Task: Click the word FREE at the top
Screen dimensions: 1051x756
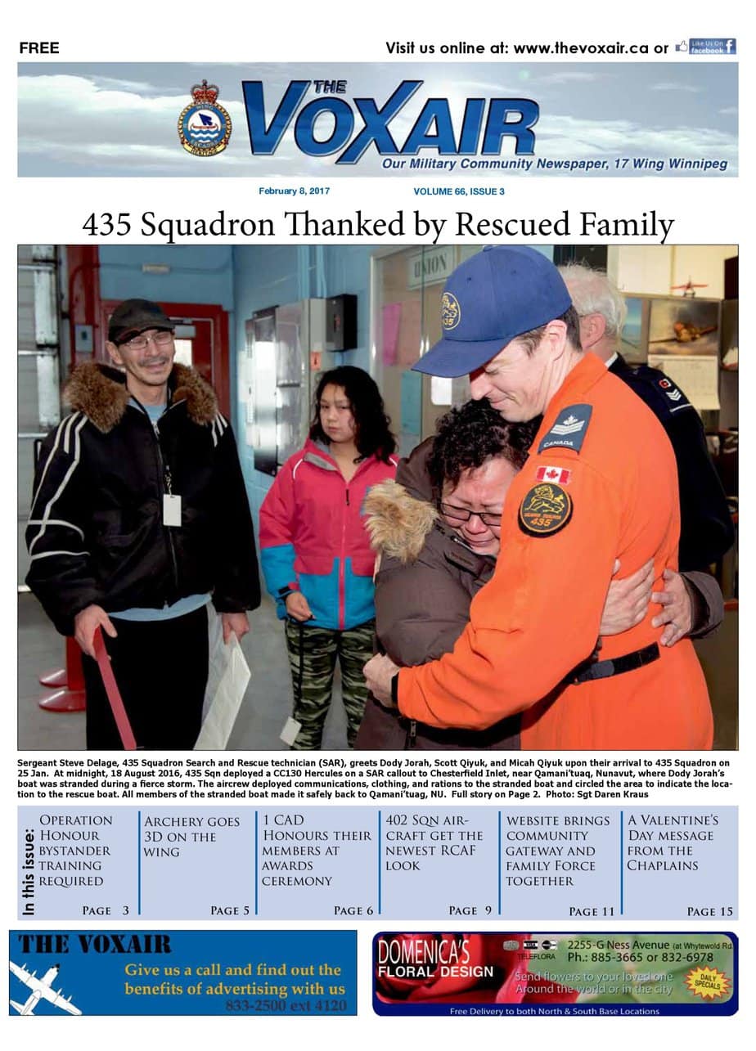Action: tap(39, 48)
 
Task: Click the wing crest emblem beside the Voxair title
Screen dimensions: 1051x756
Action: tap(205, 119)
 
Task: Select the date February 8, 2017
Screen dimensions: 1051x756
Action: tap(294, 191)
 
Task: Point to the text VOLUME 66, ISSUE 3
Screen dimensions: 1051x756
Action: tap(459, 191)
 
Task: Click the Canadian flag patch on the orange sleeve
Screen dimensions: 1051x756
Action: tap(553, 474)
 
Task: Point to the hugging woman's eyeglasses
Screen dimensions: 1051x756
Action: tap(470, 514)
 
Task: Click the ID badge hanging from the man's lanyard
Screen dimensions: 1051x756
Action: tap(172, 510)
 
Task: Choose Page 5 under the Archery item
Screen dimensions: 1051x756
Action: tap(229, 910)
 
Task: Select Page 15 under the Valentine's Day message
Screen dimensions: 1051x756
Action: tap(709, 911)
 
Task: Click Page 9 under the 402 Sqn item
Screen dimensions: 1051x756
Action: tap(470, 910)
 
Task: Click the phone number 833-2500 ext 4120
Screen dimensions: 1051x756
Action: tap(286, 1005)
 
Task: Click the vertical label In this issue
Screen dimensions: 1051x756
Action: tap(29, 872)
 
